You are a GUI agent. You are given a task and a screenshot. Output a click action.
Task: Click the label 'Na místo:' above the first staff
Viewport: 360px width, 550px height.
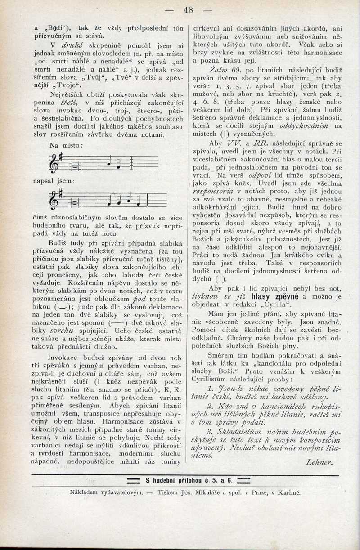pos(65,145)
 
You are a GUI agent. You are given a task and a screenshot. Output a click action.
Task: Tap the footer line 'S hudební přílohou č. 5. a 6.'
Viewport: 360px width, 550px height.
pos(189,480)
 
